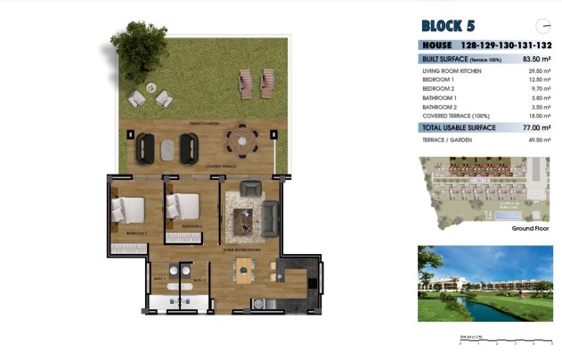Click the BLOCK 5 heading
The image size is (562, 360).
coord(453,25)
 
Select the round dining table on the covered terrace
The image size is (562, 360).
coord(240,140)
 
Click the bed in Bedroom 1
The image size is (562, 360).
coord(127,210)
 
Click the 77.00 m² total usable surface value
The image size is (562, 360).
coord(537,128)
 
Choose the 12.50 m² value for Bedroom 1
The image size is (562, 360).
coord(539,79)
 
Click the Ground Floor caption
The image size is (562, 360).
coord(531,229)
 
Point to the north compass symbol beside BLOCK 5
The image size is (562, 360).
coord(541,25)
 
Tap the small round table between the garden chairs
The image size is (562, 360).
coord(151,87)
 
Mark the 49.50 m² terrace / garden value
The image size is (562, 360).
coord(539,140)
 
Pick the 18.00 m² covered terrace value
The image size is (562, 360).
coord(539,115)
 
